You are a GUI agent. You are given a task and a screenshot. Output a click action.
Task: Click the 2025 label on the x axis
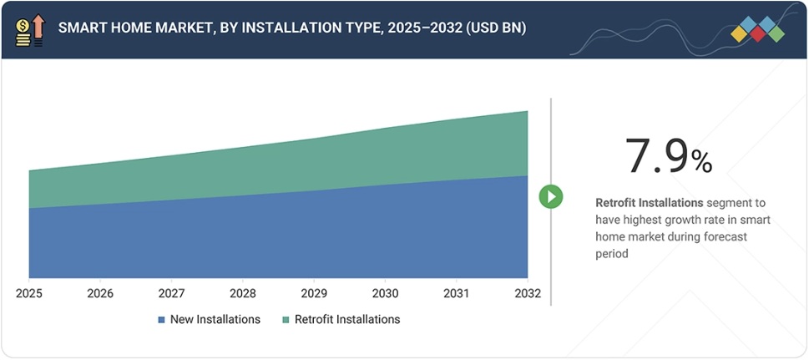click(x=29, y=294)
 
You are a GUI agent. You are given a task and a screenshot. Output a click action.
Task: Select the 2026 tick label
click(x=100, y=294)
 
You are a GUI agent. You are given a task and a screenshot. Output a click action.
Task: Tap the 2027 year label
click(x=172, y=294)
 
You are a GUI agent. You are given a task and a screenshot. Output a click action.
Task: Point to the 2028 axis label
click(x=243, y=294)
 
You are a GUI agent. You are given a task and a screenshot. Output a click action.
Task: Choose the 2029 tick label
click(x=314, y=294)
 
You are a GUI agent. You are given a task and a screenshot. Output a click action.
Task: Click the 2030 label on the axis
click(x=385, y=294)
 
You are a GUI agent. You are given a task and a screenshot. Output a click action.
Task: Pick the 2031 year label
click(x=456, y=294)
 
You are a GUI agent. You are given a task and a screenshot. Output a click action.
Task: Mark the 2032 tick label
click(x=527, y=294)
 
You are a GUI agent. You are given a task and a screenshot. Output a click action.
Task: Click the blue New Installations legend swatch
click(x=161, y=320)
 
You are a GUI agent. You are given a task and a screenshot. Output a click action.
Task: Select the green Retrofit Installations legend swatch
click(x=286, y=320)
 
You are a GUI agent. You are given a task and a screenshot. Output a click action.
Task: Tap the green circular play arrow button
click(x=550, y=197)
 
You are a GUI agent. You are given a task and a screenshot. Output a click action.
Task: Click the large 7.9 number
click(x=656, y=155)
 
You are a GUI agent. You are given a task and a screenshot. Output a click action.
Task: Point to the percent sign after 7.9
click(x=701, y=161)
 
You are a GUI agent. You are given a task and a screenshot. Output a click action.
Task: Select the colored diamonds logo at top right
click(x=757, y=29)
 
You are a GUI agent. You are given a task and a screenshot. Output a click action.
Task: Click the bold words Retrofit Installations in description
click(x=649, y=203)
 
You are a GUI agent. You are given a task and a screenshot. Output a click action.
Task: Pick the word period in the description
click(x=611, y=255)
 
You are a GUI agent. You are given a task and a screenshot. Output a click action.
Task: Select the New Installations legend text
click(x=215, y=320)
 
